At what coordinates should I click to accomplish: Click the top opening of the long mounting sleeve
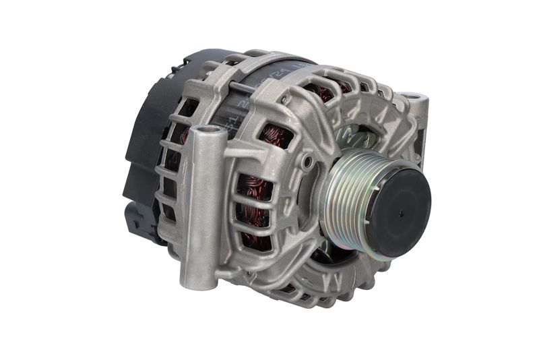208,130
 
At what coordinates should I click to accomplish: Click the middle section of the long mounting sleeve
202,202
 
